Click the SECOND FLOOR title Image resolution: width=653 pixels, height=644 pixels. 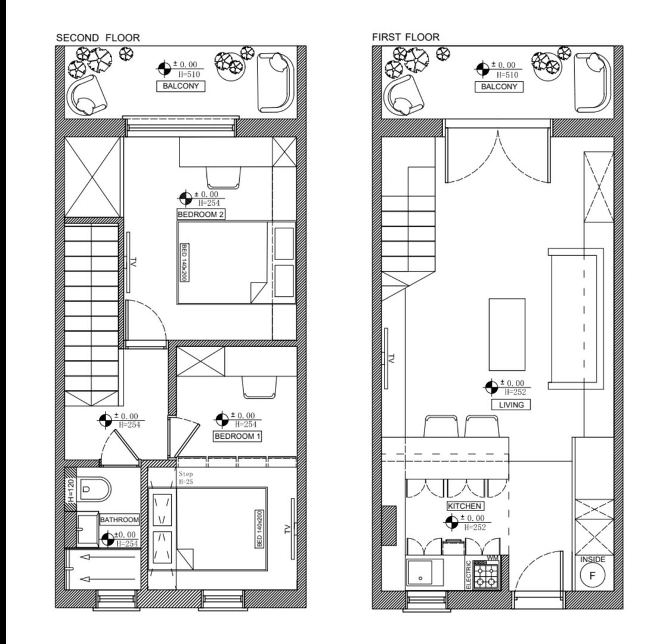pyautogui.click(x=98, y=38)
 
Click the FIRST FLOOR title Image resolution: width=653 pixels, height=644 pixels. pyautogui.click(x=406, y=37)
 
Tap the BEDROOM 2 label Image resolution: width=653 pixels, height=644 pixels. pyautogui.click(x=201, y=214)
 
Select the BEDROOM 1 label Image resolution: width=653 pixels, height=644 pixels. pyautogui.click(x=238, y=436)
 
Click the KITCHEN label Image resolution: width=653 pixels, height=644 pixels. pyautogui.click(x=465, y=506)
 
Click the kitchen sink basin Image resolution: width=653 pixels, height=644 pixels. pyautogui.click(x=421, y=574)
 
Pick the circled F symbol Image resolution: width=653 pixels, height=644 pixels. pyautogui.click(x=592, y=576)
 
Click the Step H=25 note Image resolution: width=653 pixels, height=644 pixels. pyautogui.click(x=185, y=477)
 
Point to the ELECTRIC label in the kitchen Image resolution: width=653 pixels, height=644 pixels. pyautogui.click(x=469, y=575)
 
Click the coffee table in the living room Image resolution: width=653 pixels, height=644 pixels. pyautogui.click(x=507, y=334)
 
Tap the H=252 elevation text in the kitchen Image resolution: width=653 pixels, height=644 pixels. pyautogui.click(x=475, y=528)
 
